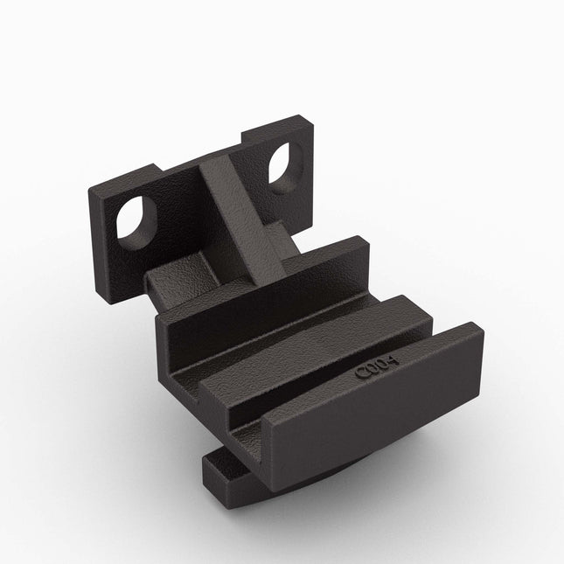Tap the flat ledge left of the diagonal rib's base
(171, 275)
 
